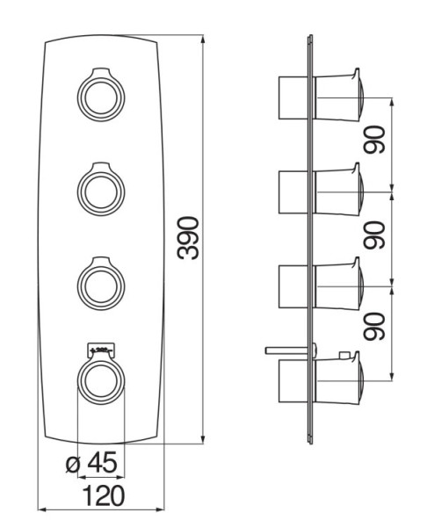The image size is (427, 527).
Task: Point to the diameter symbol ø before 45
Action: pyautogui.click(x=75, y=462)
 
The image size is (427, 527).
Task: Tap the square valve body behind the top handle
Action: pyautogui.click(x=293, y=96)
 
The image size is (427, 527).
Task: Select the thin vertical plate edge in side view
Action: pyautogui.click(x=310, y=237)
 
